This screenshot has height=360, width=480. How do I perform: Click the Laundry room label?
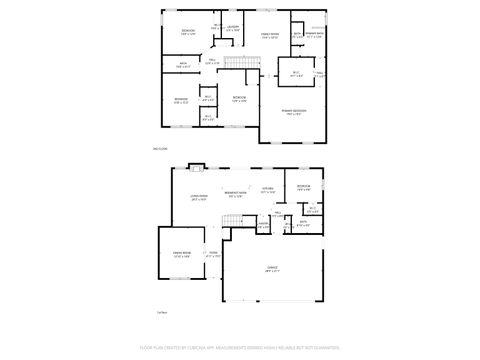pyautogui.click(x=232, y=29)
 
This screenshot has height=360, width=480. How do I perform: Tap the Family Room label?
pyautogui.click(x=269, y=35)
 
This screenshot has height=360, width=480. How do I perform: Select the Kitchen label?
pyautogui.click(x=268, y=189)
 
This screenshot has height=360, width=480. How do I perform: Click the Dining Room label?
pyautogui.click(x=181, y=255)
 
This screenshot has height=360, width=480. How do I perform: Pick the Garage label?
pyautogui.click(x=272, y=267)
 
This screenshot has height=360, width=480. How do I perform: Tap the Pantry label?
pyautogui.click(x=262, y=224)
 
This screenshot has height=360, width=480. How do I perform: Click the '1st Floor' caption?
pyautogui.click(x=162, y=312)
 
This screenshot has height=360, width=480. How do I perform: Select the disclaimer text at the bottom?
pyautogui.click(x=240, y=349)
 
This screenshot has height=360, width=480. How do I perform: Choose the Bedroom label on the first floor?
pyautogui.click(x=303, y=186)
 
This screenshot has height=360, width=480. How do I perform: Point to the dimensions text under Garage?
pyautogui.click(x=272, y=272)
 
